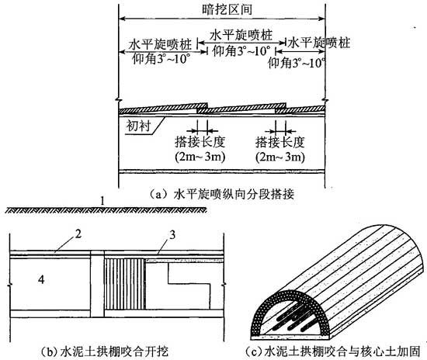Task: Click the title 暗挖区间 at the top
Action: [x=227, y=9]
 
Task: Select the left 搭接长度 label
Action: [x=200, y=142]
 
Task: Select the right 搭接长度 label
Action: [x=280, y=142]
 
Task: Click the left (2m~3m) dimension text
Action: [x=200, y=157]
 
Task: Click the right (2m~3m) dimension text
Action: [x=280, y=157]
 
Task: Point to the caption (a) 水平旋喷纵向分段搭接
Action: [x=221, y=194]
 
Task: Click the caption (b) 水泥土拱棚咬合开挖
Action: [x=104, y=351]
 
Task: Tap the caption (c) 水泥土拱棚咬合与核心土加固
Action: [x=333, y=351]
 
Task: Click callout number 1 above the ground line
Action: [x=102, y=202]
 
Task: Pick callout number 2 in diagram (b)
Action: [x=78, y=234]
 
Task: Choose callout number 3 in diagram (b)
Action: [x=172, y=235]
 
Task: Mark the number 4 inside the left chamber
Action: [x=41, y=279]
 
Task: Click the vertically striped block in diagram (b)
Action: [x=125, y=284]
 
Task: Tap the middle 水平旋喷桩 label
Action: [x=241, y=35]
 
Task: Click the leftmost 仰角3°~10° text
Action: [x=161, y=58]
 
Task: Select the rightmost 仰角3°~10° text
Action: [x=297, y=63]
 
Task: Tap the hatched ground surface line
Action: [x=106, y=209]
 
